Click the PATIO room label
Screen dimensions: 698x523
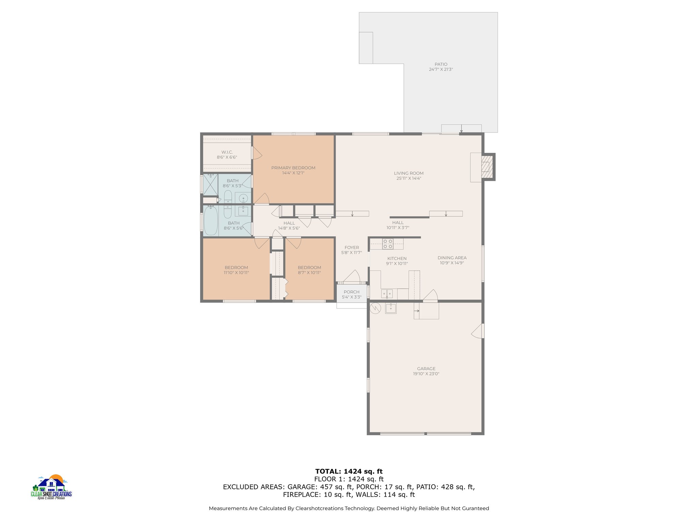441,64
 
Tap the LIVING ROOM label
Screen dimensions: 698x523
409,173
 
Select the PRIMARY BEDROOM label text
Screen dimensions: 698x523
293,168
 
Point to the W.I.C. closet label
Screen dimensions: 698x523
227,152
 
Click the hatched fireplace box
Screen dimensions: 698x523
488,167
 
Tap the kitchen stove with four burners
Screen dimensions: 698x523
388,244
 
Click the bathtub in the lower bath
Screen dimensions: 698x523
211,220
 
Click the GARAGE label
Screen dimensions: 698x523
426,369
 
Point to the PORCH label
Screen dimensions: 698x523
351,292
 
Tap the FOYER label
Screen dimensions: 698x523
351,248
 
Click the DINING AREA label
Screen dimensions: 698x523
452,258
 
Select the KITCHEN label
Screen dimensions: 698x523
397,259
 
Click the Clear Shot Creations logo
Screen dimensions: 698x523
51,487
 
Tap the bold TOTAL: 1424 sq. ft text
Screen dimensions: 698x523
349,472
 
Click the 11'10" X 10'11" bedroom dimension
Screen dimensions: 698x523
236,273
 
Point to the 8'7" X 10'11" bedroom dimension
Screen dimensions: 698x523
309,273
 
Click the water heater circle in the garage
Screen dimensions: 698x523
375,308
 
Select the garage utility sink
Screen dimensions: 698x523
391,308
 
